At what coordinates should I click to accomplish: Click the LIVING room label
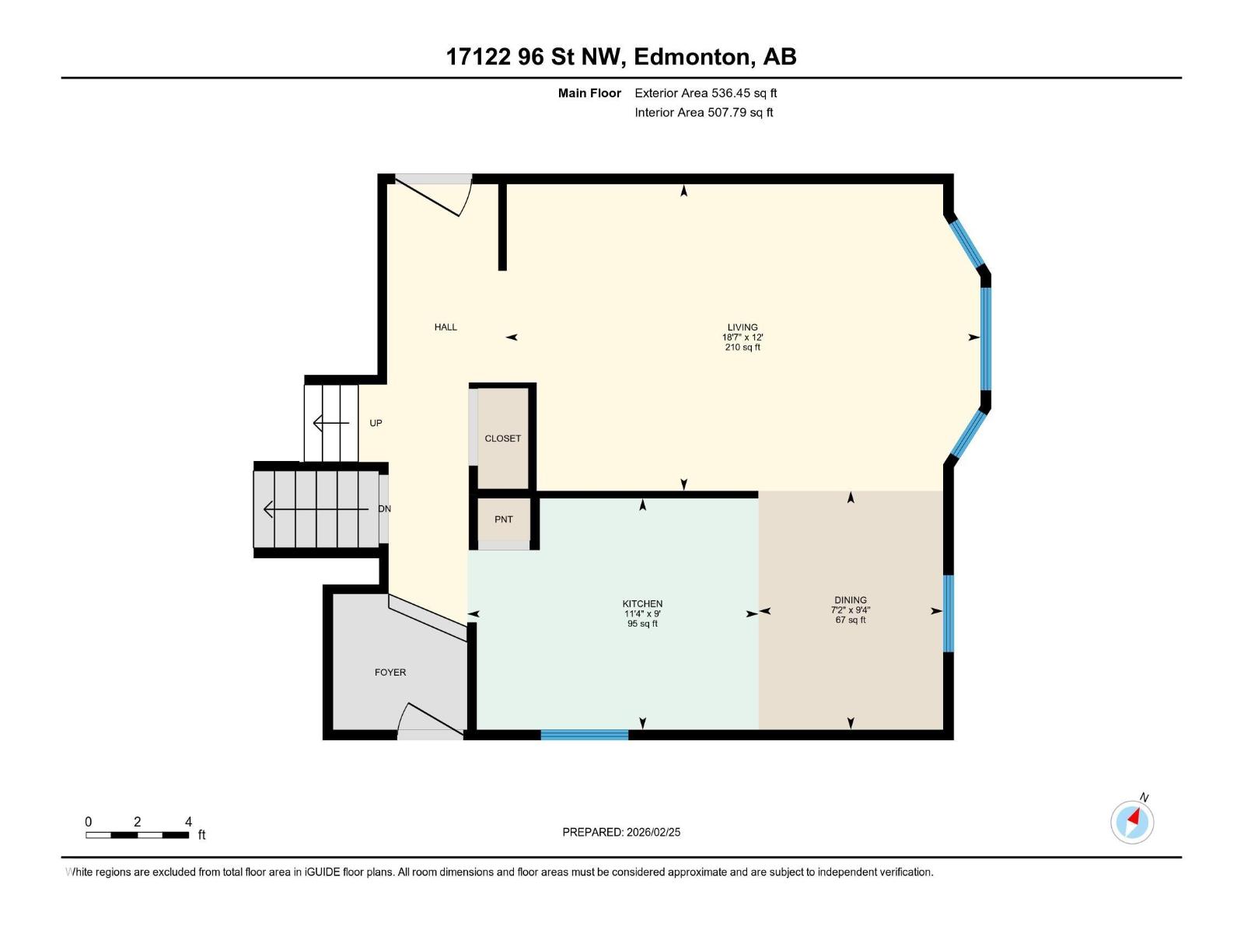pos(743,328)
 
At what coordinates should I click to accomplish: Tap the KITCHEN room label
pos(642,604)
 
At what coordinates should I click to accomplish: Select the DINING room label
pos(850,600)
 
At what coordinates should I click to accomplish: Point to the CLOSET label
pos(502,439)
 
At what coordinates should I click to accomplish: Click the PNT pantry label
pos(503,519)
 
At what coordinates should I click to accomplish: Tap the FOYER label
pos(390,673)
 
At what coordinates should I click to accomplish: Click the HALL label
pos(446,327)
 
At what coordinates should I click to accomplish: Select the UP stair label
pos(376,424)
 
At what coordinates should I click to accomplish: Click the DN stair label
pos(384,509)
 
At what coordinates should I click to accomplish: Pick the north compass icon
pos(1132,821)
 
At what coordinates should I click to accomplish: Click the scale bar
pos(138,835)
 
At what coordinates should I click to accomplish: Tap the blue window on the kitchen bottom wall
pos(584,735)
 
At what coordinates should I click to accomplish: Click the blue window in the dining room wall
pos(948,613)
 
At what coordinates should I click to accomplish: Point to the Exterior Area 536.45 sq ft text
pos(705,93)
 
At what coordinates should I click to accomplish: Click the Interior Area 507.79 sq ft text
pos(704,113)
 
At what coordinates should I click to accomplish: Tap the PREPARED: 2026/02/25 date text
pos(621,832)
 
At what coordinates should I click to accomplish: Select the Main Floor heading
pos(589,93)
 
